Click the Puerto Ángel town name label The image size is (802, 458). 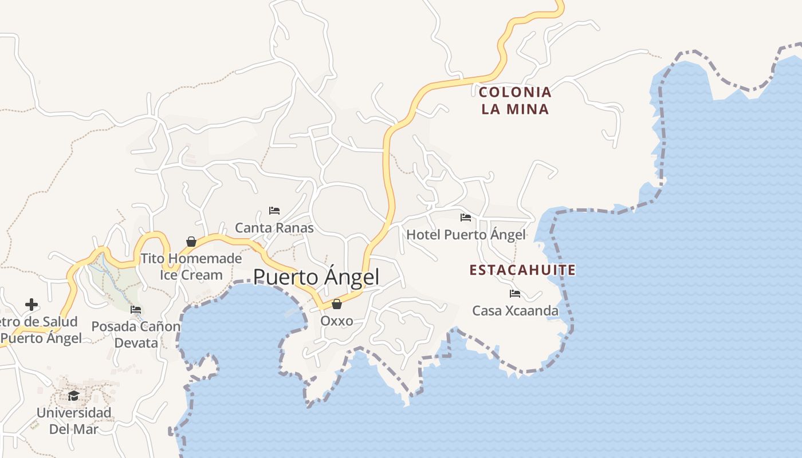coord(316,277)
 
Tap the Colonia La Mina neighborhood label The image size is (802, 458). coord(515,100)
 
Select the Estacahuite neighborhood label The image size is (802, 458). coord(522,270)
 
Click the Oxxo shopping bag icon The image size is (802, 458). coord(337,303)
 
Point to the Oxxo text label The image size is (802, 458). coord(337,321)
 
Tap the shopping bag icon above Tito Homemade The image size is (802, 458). coord(191,242)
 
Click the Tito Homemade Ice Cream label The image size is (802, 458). coord(191,267)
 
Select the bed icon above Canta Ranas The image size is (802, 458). coord(274,211)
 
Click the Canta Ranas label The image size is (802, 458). coord(274,228)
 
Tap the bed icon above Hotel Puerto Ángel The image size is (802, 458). coord(466,218)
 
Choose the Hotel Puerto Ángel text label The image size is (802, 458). coord(466,235)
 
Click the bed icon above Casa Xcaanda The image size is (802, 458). coord(515,294)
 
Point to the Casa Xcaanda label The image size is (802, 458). coord(515,311)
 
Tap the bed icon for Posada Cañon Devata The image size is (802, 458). coord(136,310)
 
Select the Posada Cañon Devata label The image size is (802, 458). coord(136,335)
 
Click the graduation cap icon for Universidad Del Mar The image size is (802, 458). coord(73,395)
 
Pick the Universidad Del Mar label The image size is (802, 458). coord(73,421)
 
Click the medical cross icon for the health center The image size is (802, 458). coord(32,305)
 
